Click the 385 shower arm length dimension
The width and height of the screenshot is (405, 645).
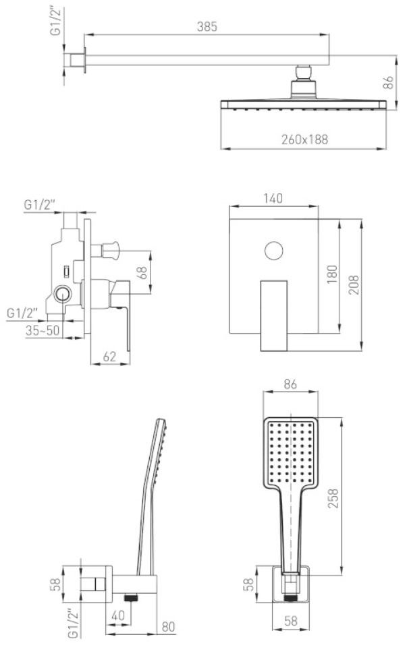pyautogui.click(x=207, y=27)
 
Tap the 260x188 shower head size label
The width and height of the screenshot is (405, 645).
pyautogui.click(x=305, y=140)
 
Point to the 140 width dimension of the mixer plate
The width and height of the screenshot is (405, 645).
pyautogui.click(x=273, y=198)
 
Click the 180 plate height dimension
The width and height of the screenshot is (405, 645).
pyautogui.click(x=332, y=274)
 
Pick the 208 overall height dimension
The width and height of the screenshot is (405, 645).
pyautogui.click(x=354, y=284)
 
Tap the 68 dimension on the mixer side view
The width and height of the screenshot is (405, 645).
pyautogui.click(x=142, y=272)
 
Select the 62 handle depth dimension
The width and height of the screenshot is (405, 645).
pyautogui.click(x=109, y=357)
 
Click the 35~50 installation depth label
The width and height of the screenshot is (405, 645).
pyautogui.click(x=43, y=330)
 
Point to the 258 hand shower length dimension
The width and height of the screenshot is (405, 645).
pyautogui.click(x=333, y=498)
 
